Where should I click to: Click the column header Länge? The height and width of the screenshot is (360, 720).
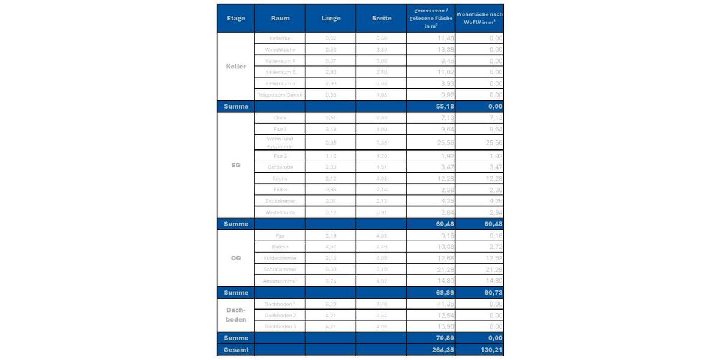pos(331,18)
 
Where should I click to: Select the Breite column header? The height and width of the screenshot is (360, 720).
pos(382,18)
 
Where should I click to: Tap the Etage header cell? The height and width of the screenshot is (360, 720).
pos(236,18)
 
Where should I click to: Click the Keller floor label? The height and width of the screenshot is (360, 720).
pos(236,67)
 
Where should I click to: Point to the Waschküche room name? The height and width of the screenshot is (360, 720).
pos(280,49)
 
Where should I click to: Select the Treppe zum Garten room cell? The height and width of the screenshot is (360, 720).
pos(280,95)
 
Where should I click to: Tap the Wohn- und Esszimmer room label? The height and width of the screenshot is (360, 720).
pos(280,142)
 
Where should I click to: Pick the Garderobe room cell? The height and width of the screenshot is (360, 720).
pos(280,167)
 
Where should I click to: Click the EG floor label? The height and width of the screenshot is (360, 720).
pos(236,164)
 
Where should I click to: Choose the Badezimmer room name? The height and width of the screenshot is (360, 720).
pos(280,200)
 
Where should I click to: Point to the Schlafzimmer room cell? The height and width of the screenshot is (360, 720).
pos(280,269)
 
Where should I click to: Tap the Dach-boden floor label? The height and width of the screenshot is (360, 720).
pos(236,315)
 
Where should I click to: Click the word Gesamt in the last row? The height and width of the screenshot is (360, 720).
pos(236,349)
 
